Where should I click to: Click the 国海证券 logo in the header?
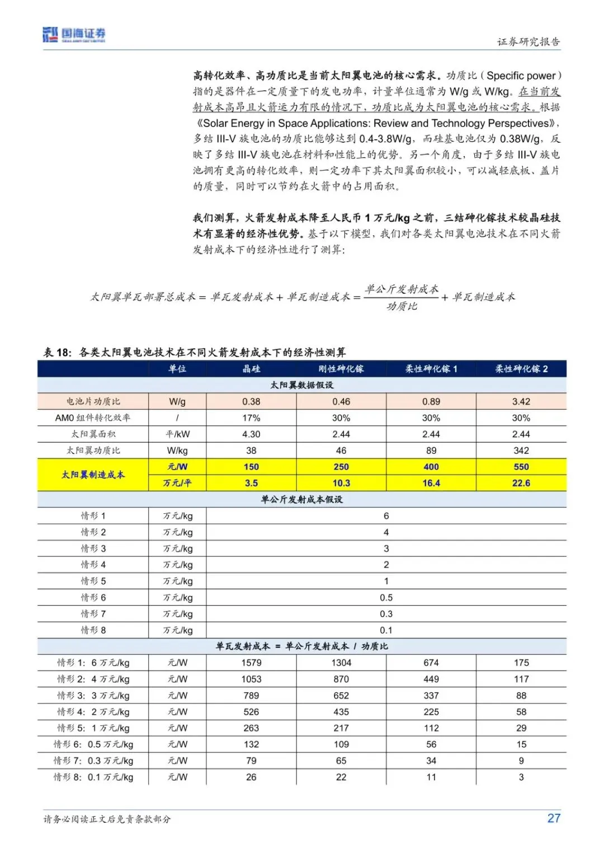point(74,35)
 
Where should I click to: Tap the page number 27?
point(554,818)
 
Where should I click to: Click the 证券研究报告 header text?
point(528,42)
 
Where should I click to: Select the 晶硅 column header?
point(251,369)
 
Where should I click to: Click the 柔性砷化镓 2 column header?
point(521,369)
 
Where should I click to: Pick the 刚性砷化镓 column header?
point(341,369)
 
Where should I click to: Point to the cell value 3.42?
point(521,401)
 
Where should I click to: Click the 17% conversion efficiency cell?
point(251,418)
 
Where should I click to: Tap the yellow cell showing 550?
point(521,467)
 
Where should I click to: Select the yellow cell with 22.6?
point(521,483)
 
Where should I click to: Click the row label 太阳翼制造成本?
point(93,475)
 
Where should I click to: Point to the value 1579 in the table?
point(251,663)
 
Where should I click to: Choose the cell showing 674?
point(431,663)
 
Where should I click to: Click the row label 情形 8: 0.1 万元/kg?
point(93,777)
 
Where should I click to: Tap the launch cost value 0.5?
point(386,598)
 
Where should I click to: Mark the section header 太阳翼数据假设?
point(301,385)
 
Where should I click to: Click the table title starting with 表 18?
point(195,352)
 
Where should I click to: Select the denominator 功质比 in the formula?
point(402,306)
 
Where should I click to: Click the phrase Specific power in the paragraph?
point(521,76)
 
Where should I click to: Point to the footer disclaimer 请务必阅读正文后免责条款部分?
point(107,819)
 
